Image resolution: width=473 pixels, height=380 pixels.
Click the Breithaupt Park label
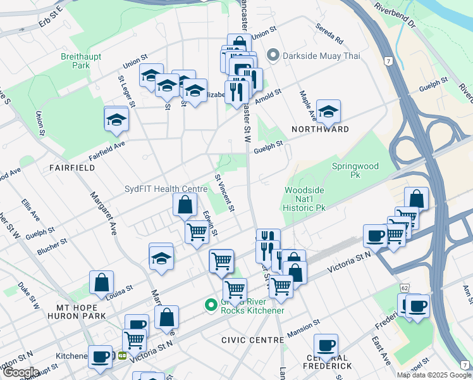click(x=76, y=61)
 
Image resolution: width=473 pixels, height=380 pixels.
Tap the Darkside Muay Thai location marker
click(x=273, y=56)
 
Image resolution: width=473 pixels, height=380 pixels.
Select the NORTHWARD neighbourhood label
click(x=320, y=129)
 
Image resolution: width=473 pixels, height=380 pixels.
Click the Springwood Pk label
click(x=355, y=170)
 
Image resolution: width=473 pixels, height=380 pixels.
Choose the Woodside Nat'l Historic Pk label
click(x=304, y=198)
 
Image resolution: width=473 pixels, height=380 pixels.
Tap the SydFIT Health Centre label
click(x=166, y=189)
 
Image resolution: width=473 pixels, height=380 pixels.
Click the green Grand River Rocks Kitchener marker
click(x=211, y=306)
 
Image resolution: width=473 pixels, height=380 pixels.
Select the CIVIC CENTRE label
click(x=252, y=340)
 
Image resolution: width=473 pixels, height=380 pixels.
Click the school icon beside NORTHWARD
click(x=328, y=112)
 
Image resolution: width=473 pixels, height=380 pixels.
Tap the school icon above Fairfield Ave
click(x=116, y=118)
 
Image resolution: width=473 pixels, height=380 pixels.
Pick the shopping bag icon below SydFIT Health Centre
click(x=184, y=205)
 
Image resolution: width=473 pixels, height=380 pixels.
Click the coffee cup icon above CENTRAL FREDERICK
click(x=326, y=346)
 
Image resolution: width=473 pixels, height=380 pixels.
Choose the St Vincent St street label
click(x=225, y=193)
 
